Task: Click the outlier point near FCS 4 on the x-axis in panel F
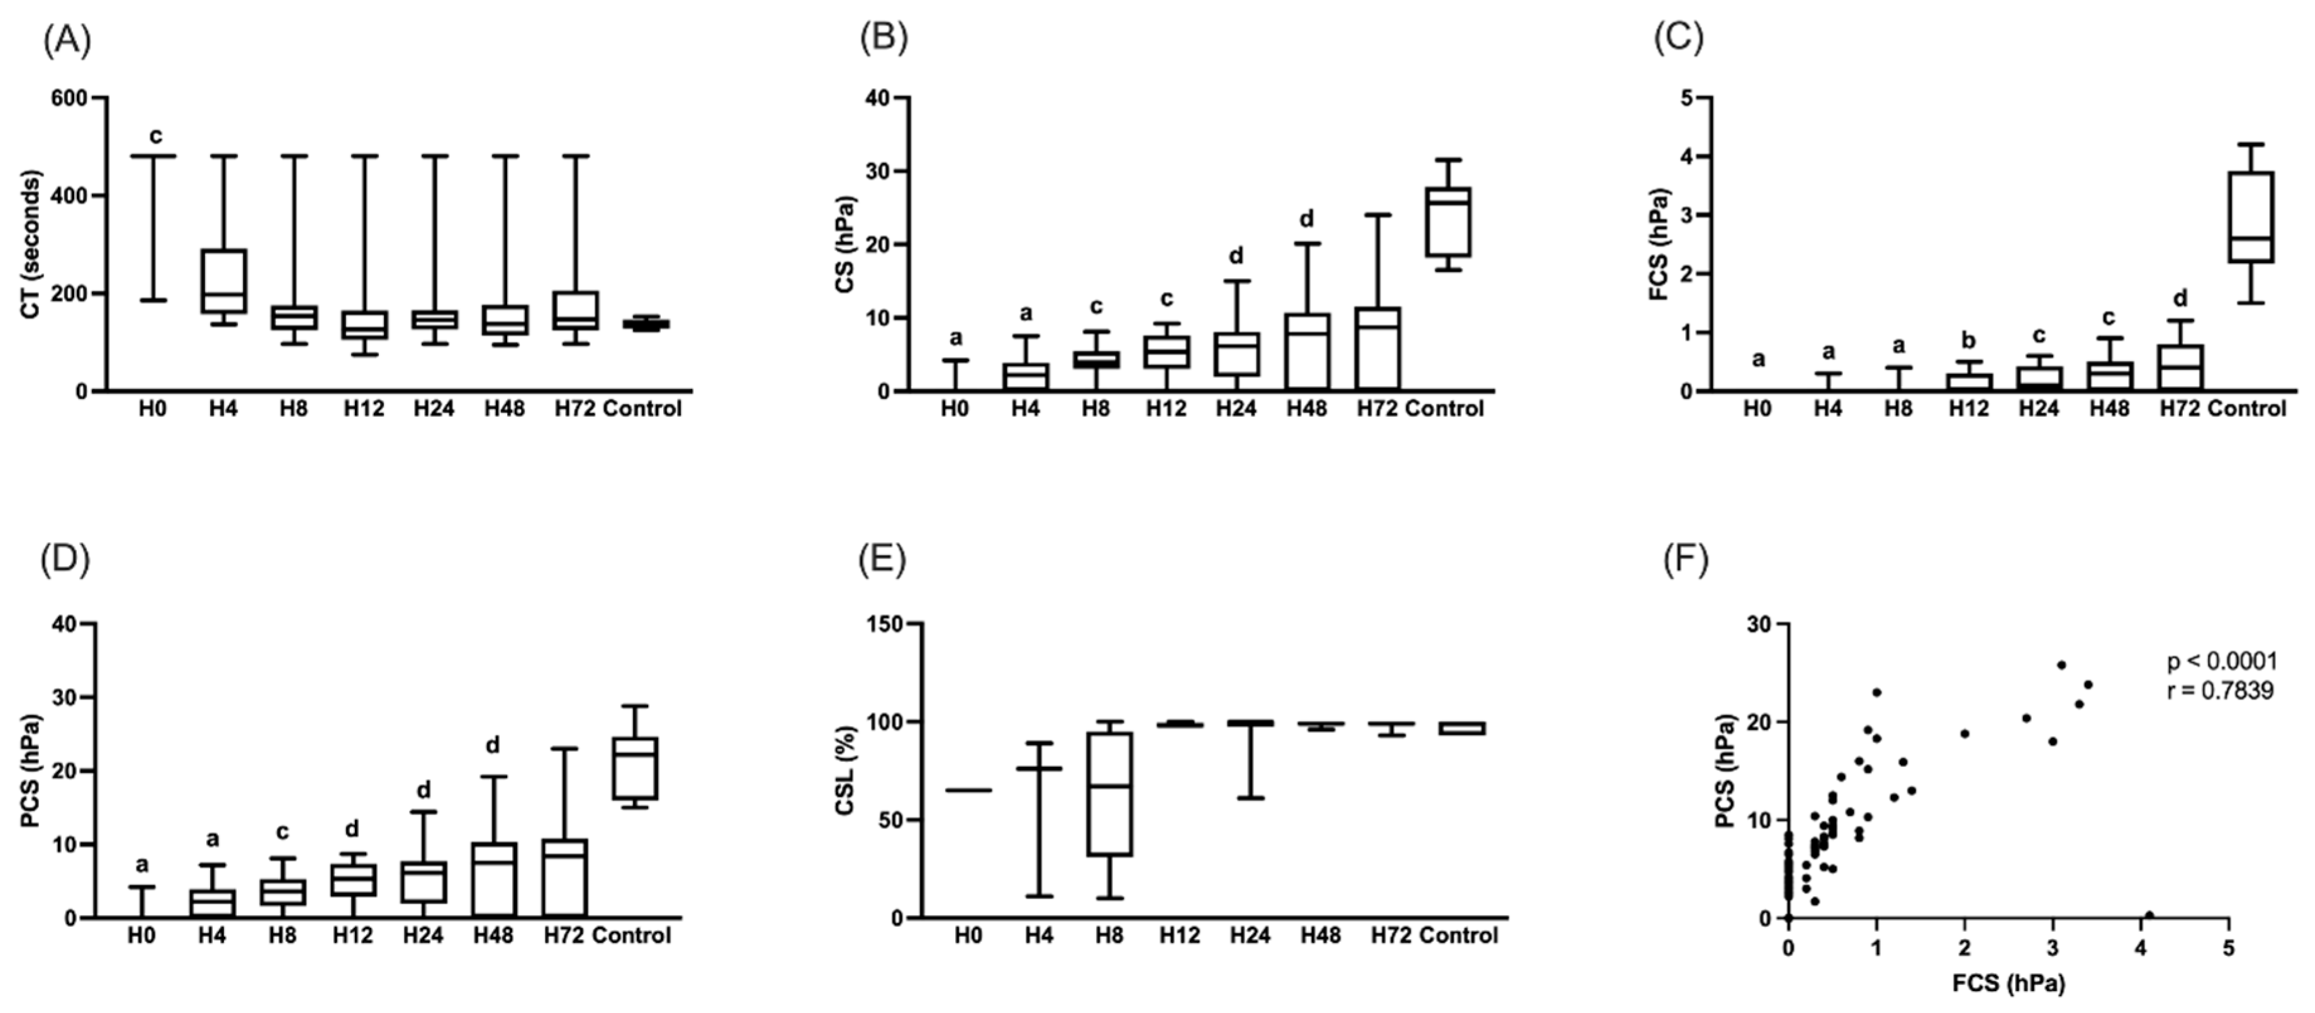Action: click(2149, 915)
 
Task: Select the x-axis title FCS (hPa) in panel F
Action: click(2009, 983)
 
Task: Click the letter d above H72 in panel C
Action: click(2180, 298)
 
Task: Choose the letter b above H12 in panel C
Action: click(1968, 340)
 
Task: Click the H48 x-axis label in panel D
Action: click(493, 936)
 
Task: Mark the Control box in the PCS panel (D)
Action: click(636, 768)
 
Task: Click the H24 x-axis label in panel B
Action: click(1236, 409)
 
